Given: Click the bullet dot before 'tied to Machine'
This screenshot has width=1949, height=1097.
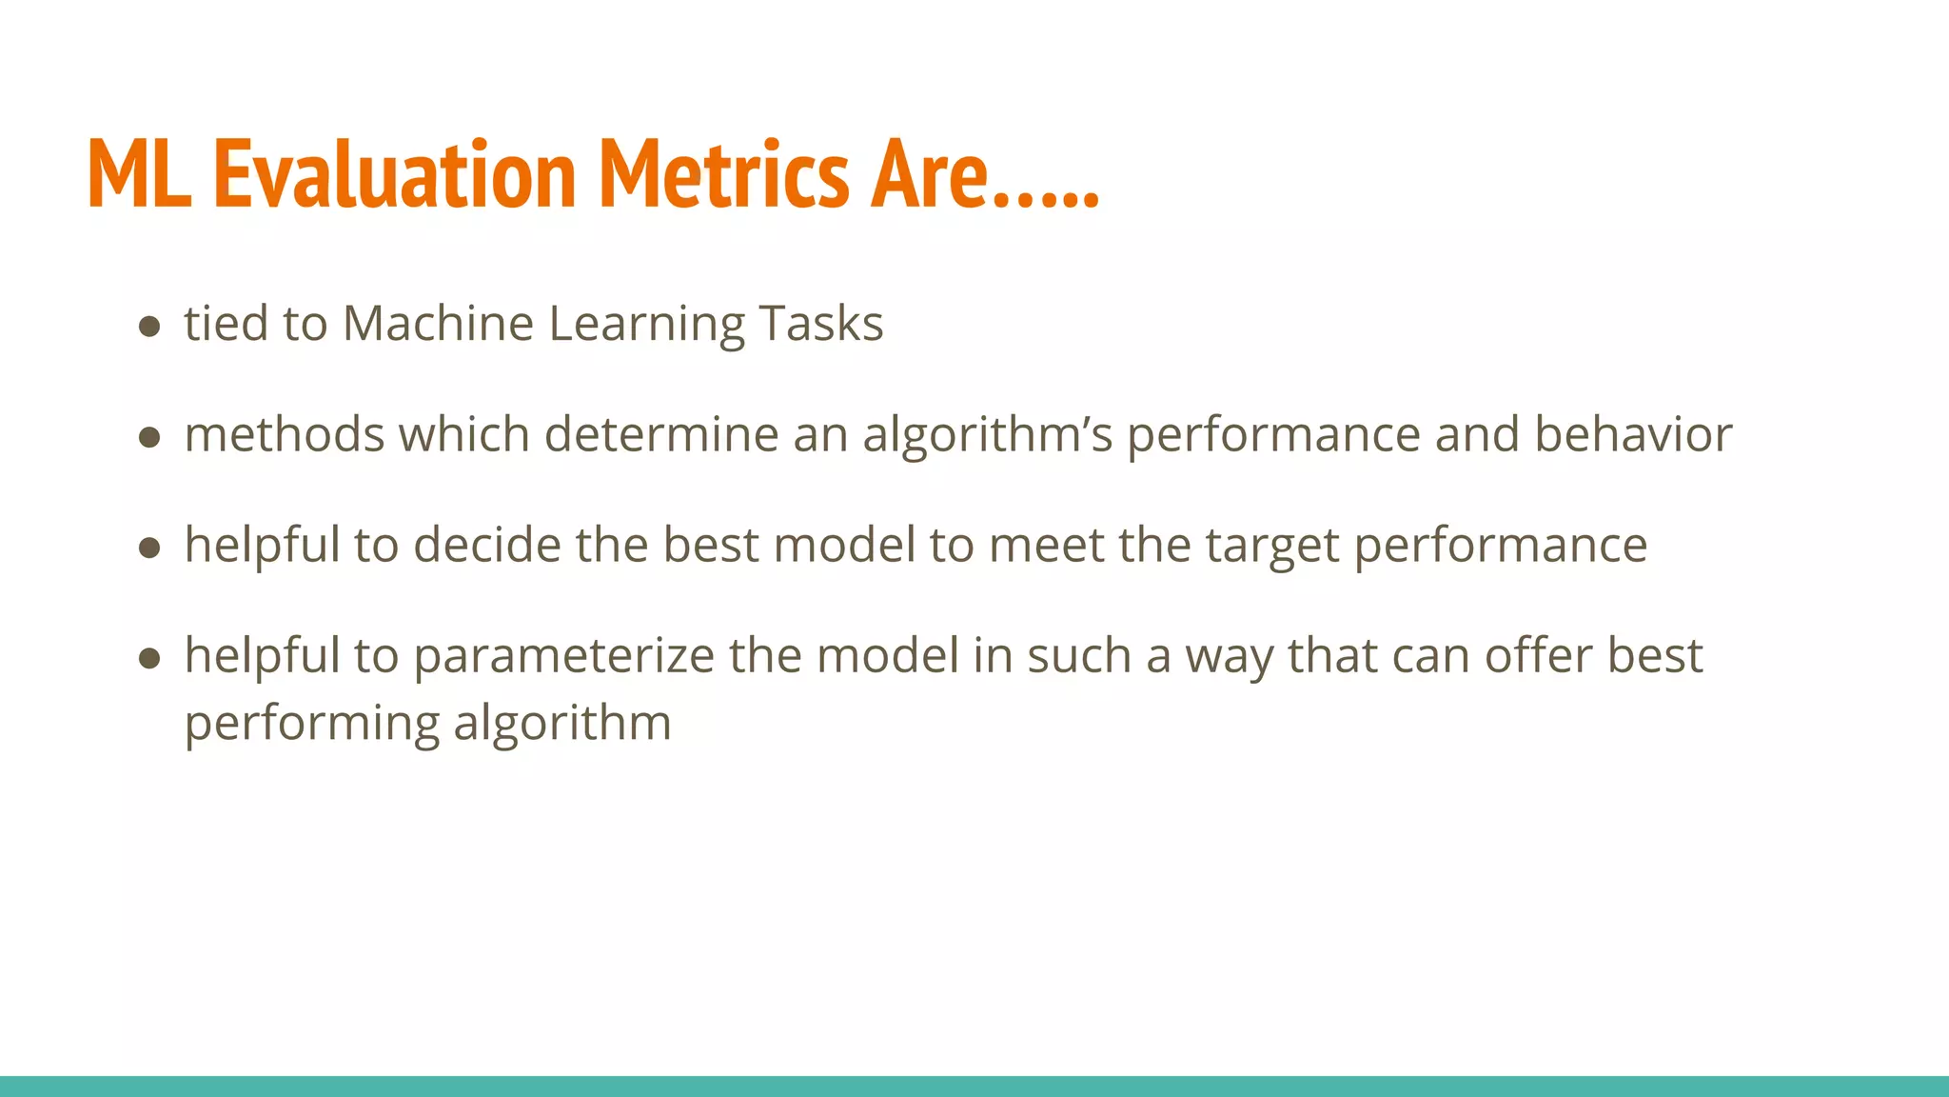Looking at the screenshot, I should click(x=148, y=328).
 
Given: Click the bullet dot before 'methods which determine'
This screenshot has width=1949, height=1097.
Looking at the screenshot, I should click(x=148, y=438).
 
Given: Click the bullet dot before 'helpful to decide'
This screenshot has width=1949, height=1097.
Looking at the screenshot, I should click(x=148, y=548).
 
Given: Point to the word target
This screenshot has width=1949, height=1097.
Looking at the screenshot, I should click(x=1272, y=547).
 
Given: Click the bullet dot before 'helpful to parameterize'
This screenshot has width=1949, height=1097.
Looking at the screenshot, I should click(x=148, y=659).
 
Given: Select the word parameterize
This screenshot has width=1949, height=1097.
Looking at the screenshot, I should click(x=563, y=657).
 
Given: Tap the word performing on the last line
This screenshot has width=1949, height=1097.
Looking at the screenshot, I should click(x=311, y=724).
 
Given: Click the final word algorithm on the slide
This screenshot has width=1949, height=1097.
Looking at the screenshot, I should click(x=562, y=724).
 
